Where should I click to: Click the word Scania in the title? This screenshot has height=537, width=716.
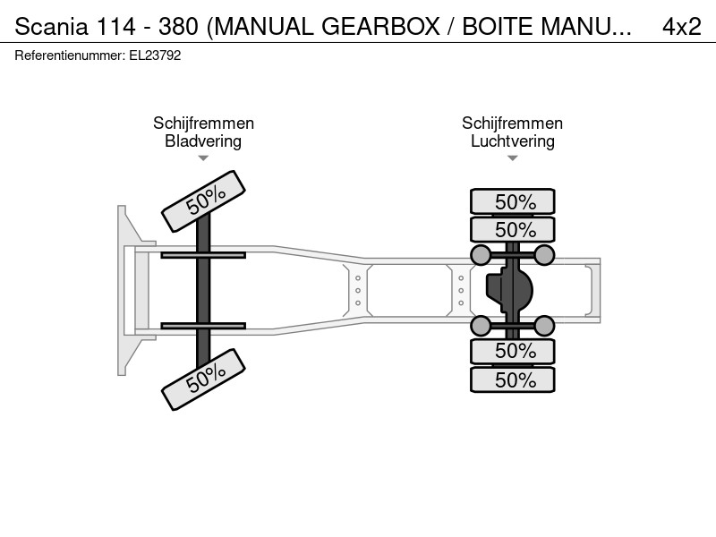(51, 27)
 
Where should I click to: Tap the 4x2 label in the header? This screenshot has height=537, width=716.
(681, 27)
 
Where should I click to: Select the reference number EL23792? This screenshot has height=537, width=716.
(155, 55)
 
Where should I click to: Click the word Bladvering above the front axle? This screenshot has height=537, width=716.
(203, 141)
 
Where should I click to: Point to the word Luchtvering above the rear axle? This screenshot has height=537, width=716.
(512, 141)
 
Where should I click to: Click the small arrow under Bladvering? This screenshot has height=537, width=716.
(203, 158)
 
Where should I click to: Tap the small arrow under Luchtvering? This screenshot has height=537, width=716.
(512, 158)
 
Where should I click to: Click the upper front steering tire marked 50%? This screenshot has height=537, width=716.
(204, 200)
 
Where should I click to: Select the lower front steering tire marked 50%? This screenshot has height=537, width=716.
(204, 379)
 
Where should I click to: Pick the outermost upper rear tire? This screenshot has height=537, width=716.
(512, 201)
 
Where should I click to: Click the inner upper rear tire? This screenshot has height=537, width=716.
(512, 229)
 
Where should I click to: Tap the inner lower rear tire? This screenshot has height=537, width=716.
(512, 351)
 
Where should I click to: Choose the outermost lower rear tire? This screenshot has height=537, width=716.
(512, 379)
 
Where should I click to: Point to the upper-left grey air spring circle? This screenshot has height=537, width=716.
(481, 255)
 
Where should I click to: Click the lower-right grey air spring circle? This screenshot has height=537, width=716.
(544, 326)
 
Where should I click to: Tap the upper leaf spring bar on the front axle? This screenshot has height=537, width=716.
(203, 255)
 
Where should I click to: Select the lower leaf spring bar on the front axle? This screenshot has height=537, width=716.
(203, 326)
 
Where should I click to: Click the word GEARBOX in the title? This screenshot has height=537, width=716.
(380, 27)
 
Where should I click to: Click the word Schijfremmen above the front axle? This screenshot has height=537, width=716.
(203, 124)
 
